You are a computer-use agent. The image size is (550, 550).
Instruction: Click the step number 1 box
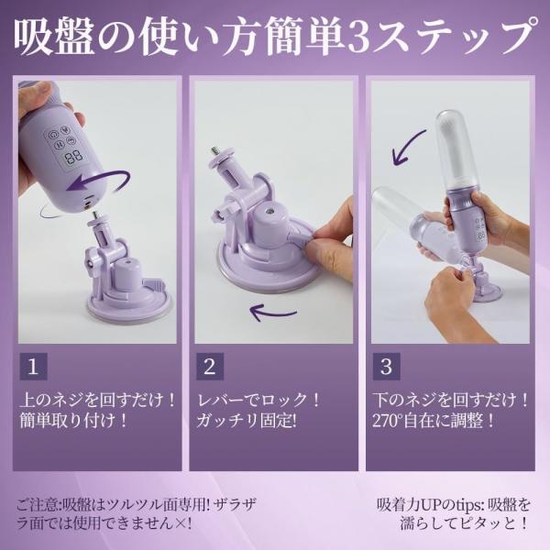pyautogui.click(x=33, y=368)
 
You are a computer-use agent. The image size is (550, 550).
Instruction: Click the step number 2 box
pyautogui.click(x=209, y=368)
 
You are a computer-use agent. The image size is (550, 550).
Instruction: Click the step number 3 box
pyautogui.click(x=386, y=368)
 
